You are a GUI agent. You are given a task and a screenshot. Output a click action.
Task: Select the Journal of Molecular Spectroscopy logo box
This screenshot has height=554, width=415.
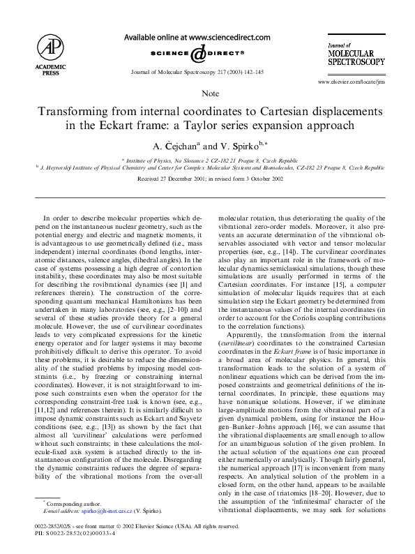[x=356, y=52]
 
